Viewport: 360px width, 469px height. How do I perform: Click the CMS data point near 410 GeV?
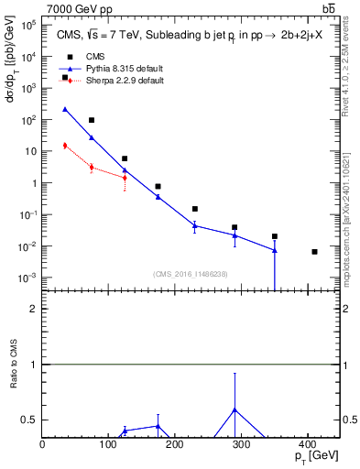(x=314, y=252)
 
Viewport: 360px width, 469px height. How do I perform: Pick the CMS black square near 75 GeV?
(x=92, y=120)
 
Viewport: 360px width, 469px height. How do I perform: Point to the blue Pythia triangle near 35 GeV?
(x=65, y=109)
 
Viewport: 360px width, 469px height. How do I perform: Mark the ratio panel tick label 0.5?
(x=29, y=420)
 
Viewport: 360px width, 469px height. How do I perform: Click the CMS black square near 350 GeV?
(x=274, y=236)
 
